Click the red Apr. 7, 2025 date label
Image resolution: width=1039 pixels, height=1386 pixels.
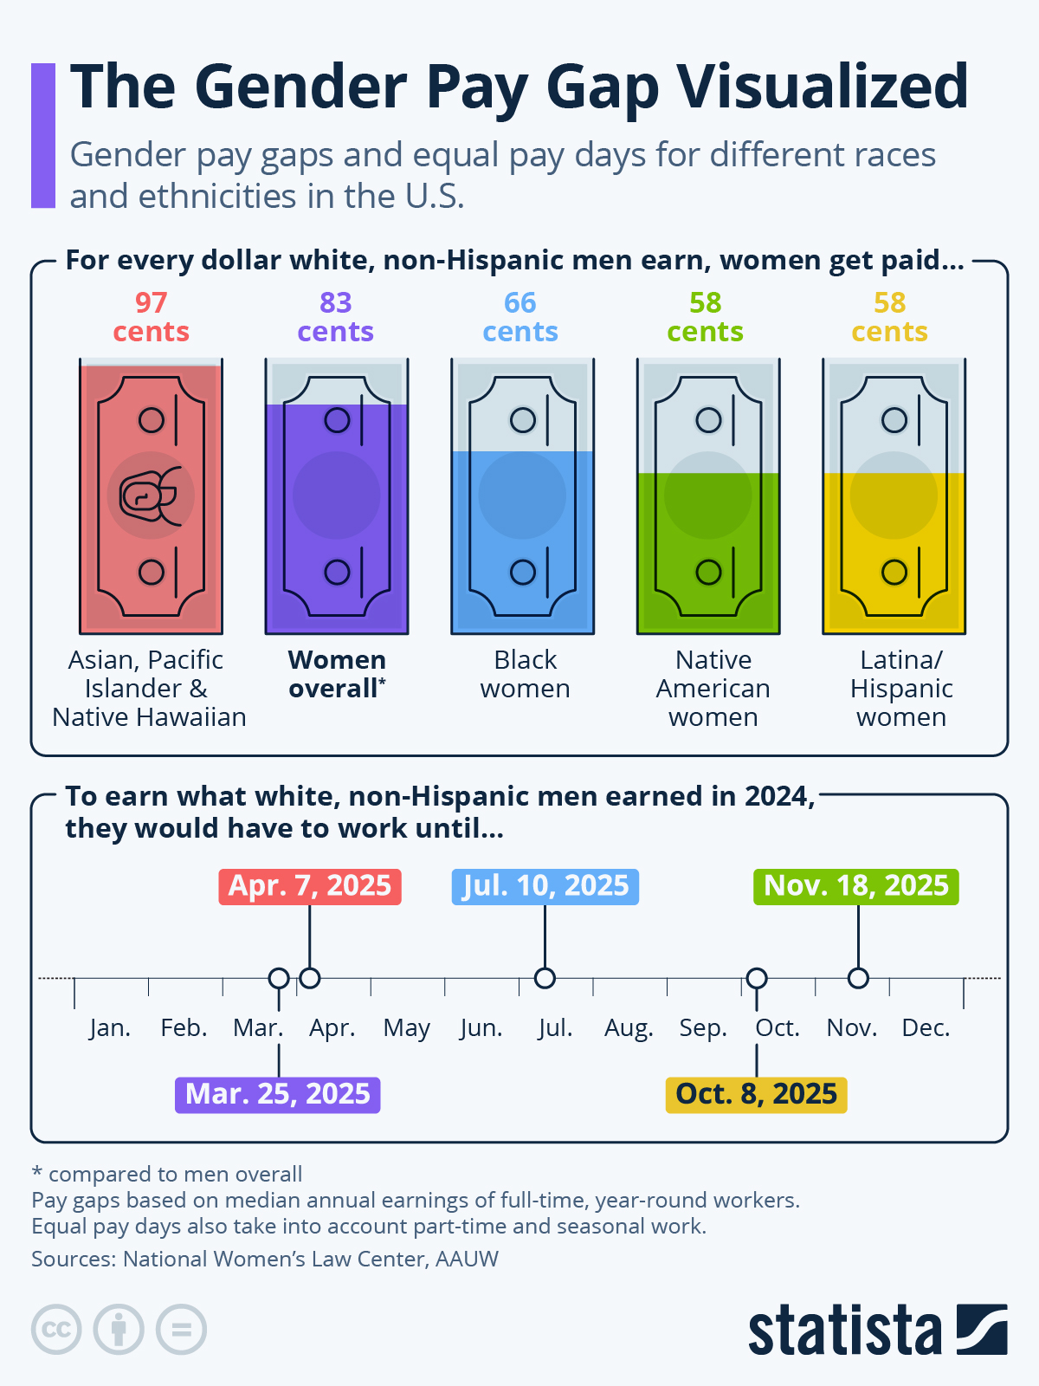pyautogui.click(x=310, y=886)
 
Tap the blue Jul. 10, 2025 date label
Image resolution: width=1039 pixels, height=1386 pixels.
pyautogui.click(x=545, y=886)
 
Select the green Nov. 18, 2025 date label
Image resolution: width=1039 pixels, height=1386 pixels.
pyautogui.click(x=856, y=886)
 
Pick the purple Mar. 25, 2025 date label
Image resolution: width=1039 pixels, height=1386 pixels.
pyautogui.click(x=277, y=1094)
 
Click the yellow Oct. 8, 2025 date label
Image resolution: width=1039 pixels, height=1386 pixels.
pyautogui.click(x=756, y=1094)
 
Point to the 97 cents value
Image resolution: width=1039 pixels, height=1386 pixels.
pyautogui.click(x=151, y=317)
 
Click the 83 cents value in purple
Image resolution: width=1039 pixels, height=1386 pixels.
pyautogui.click(x=335, y=317)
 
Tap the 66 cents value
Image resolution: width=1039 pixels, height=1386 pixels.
pyautogui.click(x=520, y=317)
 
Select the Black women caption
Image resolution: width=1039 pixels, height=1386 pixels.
pyautogui.click(x=525, y=674)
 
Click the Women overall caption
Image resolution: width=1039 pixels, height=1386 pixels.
pyautogui.click(x=337, y=674)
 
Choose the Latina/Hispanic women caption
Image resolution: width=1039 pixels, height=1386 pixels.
pyautogui.click(x=900, y=688)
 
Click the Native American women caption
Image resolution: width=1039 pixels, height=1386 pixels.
pyautogui.click(x=713, y=688)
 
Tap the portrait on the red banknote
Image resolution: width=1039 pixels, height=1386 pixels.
pyautogui.click(x=151, y=496)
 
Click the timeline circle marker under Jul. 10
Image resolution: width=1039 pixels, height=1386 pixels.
pyautogui.click(x=545, y=978)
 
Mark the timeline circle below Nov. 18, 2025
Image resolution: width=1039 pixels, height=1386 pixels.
pyautogui.click(x=858, y=978)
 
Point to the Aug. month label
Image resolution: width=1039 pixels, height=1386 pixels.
pyautogui.click(x=629, y=1028)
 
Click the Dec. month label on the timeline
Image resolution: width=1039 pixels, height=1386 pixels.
pyautogui.click(x=926, y=1028)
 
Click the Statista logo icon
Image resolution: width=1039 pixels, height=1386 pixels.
pyautogui.click(x=982, y=1329)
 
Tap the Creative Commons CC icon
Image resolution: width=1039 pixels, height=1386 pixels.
pyautogui.click(x=56, y=1329)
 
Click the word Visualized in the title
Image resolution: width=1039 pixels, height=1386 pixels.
pyautogui.click(x=822, y=87)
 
